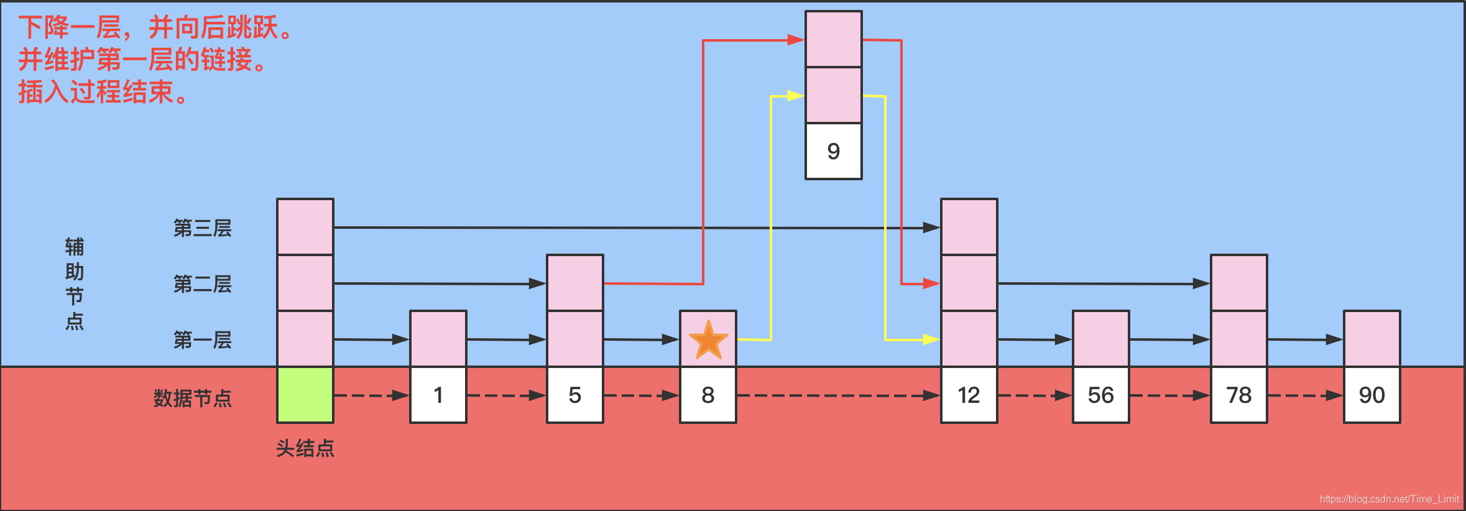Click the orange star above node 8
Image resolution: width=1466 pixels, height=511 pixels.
coord(708,340)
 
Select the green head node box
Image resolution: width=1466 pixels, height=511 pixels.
coord(305,395)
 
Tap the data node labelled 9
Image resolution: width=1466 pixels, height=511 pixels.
coord(834,151)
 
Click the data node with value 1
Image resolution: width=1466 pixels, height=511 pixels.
coord(438,395)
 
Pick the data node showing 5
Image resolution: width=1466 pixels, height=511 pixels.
coord(575,395)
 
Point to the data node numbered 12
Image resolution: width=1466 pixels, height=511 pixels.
coord(969,395)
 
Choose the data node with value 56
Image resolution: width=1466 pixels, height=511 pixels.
coord(1101,395)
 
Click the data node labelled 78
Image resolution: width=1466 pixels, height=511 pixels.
coord(1239,395)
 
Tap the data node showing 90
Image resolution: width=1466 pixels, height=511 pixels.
coord(1372,395)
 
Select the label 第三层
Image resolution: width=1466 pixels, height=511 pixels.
coord(203,228)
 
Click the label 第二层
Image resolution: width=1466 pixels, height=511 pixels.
coord(203,284)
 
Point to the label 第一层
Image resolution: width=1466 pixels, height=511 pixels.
coord(203,340)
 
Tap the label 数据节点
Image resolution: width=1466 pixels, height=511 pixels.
coord(193,398)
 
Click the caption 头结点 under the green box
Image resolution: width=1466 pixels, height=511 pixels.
coord(305,448)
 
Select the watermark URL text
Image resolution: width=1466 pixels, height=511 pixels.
coord(1389,499)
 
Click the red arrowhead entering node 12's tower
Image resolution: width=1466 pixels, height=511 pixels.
coord(931,283)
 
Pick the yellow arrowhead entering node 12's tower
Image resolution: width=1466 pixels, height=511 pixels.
coord(931,339)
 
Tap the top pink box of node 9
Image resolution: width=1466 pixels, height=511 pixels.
coord(834,39)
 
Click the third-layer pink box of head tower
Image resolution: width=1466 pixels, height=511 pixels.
coord(305,227)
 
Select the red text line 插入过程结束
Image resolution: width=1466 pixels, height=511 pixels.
coord(103,92)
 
